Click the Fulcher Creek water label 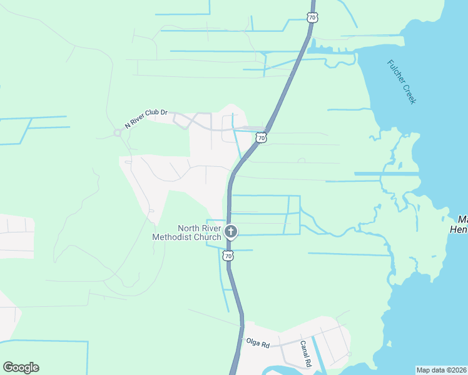401,82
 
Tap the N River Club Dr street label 146,119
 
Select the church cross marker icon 231,232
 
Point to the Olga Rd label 257,344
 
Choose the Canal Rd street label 305,354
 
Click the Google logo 21,367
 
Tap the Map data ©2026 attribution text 442,370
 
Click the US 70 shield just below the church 228,256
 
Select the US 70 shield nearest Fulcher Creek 312,17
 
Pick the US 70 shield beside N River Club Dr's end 262,137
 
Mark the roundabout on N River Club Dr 117,132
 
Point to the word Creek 410,95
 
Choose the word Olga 253,344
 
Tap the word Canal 305,347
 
